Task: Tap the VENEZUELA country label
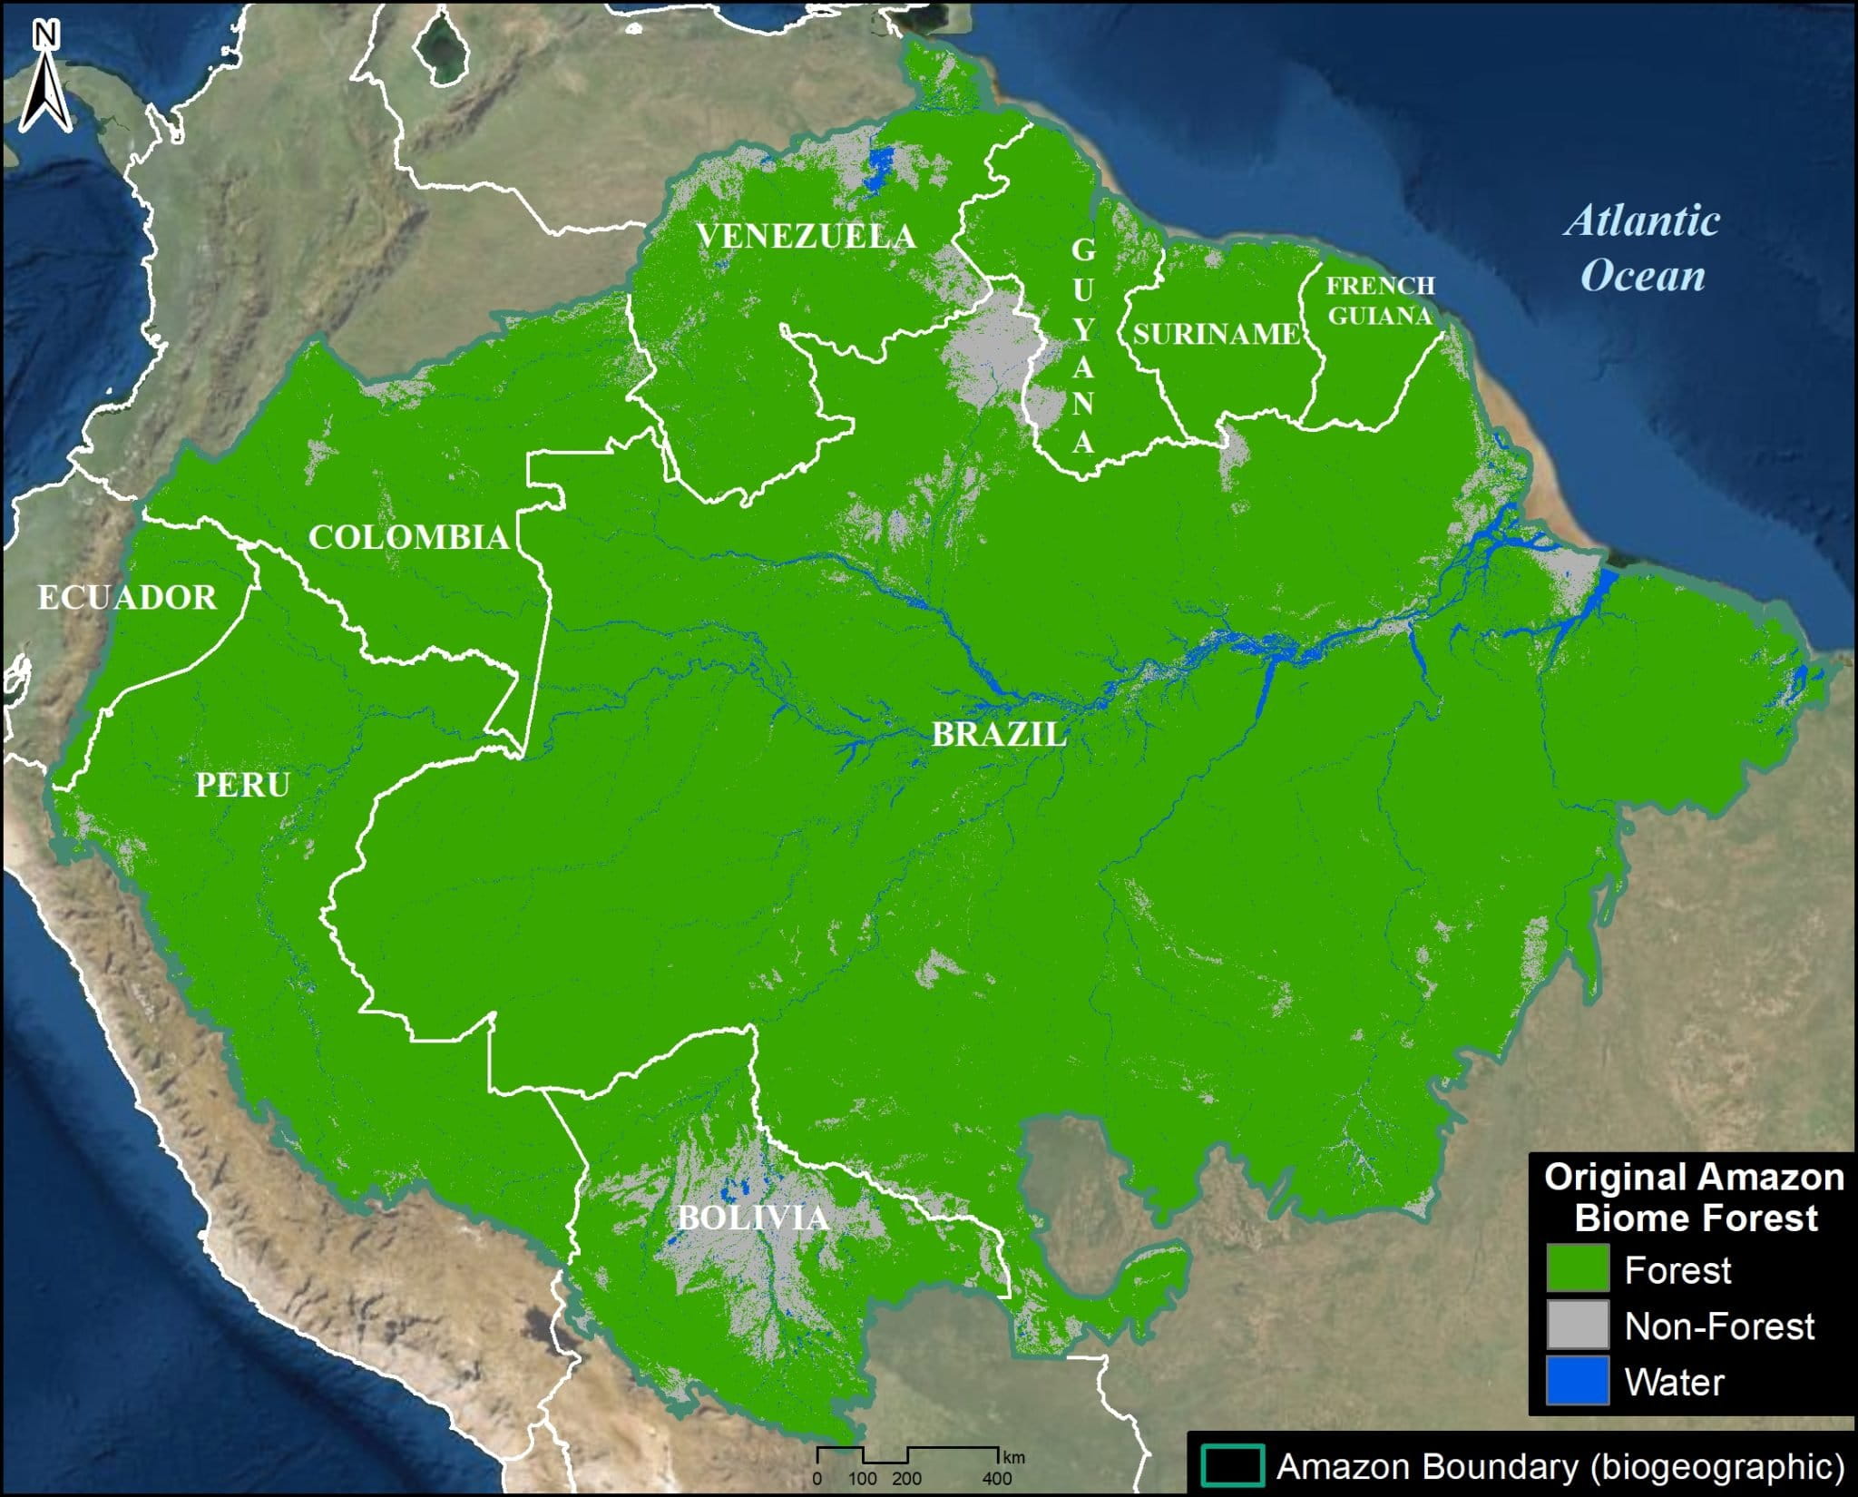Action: pos(806,237)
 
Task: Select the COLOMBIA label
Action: pos(408,537)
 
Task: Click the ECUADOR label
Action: pos(127,598)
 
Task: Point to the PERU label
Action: pos(242,785)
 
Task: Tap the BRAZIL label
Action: pos(1000,735)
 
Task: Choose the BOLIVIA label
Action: pos(753,1218)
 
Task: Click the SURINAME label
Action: pos(1216,334)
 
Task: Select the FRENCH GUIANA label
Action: pos(1380,300)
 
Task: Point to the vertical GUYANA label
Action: pos(1083,345)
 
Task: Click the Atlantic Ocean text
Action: pos(1642,248)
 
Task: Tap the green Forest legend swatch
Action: pos(1578,1268)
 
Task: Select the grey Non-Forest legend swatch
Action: pos(1578,1325)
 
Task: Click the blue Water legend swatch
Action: pos(1578,1381)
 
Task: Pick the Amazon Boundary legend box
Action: pos(1232,1466)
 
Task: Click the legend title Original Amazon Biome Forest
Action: pos(1694,1198)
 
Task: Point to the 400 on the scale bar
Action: pos(996,1479)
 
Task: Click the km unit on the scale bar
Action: pos(1013,1458)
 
